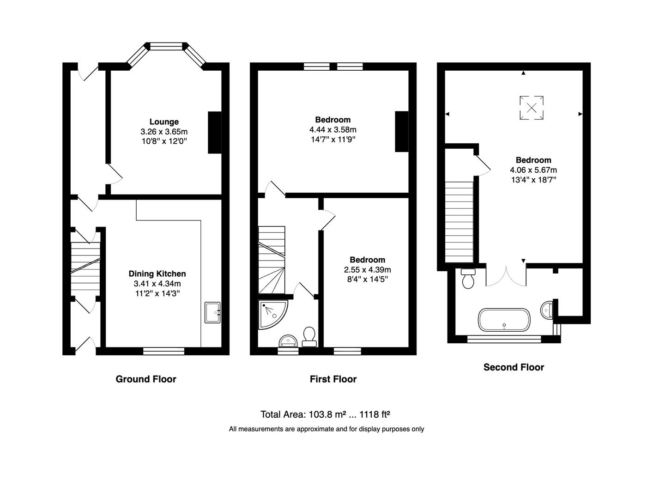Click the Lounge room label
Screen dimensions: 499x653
coord(164,122)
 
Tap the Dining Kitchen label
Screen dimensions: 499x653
coord(157,274)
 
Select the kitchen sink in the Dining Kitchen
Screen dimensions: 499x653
coord(213,313)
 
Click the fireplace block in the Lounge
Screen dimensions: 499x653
coord(215,132)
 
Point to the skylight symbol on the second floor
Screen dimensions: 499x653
coord(532,108)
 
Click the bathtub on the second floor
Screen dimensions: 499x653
coord(504,320)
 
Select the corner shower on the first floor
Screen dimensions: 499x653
coord(272,314)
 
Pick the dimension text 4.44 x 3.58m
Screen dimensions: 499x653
coord(333,129)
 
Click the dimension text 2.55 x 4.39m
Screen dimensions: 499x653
coord(367,269)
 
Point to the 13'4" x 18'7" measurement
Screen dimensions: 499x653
coord(533,180)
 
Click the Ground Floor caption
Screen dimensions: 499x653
coord(146,379)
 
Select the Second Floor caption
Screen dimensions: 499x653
coord(514,367)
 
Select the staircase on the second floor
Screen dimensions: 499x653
coord(459,222)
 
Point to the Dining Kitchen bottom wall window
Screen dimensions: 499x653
coord(163,352)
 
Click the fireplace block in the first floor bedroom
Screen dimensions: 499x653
coord(401,132)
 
